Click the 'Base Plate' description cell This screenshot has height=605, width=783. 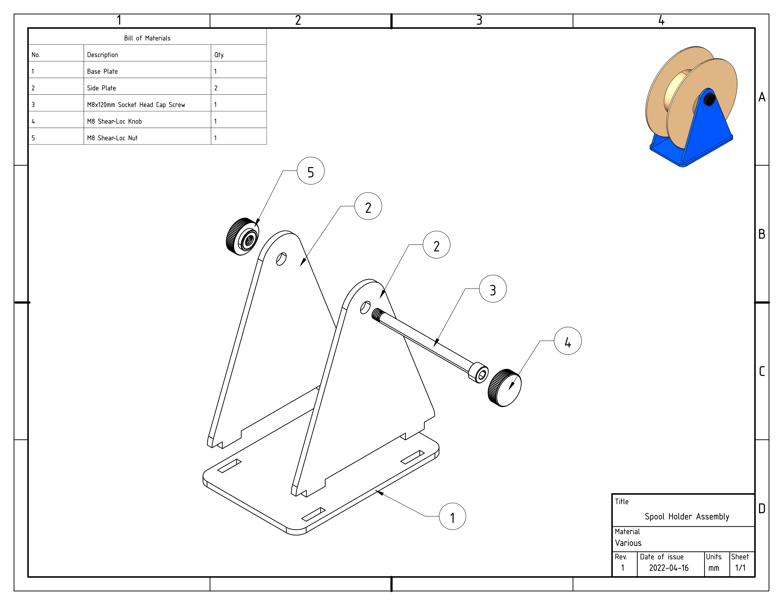point(103,71)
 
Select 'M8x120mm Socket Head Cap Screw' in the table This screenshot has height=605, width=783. point(136,105)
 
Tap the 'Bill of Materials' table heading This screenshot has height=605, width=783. point(147,38)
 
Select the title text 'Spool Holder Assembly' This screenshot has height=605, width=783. point(687,517)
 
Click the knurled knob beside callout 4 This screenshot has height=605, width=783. point(504,388)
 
